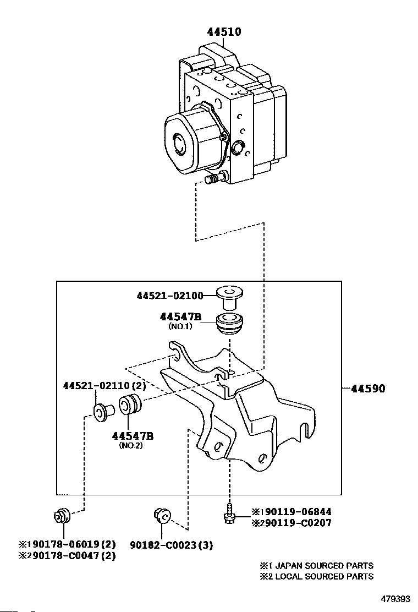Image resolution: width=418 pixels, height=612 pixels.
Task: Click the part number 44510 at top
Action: [x=224, y=31]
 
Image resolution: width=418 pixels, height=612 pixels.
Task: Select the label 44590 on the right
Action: [x=368, y=389]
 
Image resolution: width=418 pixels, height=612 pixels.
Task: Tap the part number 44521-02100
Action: [x=170, y=296]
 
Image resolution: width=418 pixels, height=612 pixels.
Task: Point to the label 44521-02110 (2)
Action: [x=105, y=386]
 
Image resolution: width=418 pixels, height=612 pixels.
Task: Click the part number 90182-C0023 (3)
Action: [x=171, y=545]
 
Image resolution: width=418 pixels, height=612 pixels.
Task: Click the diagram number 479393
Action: [x=396, y=599]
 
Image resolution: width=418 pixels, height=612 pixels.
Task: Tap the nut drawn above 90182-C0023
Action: [x=162, y=516]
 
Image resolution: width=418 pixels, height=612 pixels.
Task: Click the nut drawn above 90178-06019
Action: [x=61, y=516]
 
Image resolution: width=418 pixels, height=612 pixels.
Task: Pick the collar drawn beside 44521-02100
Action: [x=230, y=297]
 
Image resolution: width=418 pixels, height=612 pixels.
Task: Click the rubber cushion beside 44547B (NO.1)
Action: [x=230, y=323]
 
